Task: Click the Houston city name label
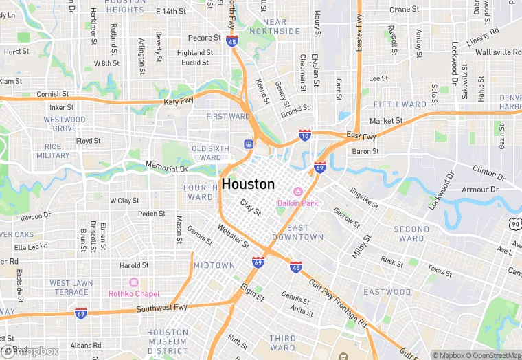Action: (x=248, y=184)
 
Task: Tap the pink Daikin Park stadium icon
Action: (x=298, y=190)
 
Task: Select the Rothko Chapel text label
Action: (x=134, y=293)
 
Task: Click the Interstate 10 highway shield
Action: (x=304, y=136)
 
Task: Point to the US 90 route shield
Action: (x=515, y=223)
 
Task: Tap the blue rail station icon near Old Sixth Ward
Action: (x=248, y=144)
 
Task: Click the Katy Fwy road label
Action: (x=180, y=102)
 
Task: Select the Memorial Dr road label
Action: (x=167, y=168)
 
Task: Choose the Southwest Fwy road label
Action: (x=162, y=308)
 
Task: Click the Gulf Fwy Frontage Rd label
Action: (x=338, y=302)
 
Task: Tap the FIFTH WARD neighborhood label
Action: (x=400, y=104)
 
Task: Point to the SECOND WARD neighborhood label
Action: (x=411, y=234)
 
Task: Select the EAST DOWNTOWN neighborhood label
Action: (x=304, y=232)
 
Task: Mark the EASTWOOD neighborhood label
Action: (x=387, y=292)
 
